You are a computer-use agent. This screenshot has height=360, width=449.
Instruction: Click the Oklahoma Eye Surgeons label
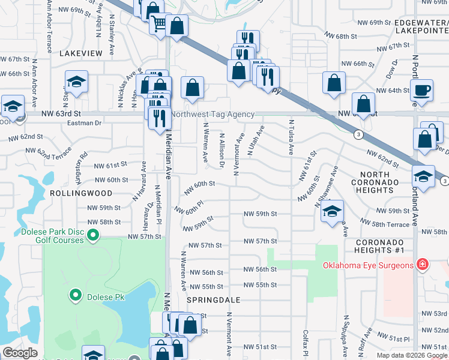[x=368, y=265]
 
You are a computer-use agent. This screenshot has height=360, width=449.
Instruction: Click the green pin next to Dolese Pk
[x=75, y=295]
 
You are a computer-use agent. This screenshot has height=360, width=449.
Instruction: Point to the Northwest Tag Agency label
[x=213, y=114]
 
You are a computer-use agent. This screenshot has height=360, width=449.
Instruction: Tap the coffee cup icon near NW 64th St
[x=421, y=91]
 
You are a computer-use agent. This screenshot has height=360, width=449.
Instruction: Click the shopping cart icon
[x=160, y=24]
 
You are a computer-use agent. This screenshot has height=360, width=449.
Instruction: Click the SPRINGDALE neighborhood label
[x=213, y=299]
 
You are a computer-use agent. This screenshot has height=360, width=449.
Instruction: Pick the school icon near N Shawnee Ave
[x=332, y=211]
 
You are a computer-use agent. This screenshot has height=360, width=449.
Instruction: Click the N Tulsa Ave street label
[x=291, y=138]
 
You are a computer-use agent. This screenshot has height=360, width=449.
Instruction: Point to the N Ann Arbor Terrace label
[x=49, y=27]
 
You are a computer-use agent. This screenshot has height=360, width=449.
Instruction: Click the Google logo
[x=20, y=353]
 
